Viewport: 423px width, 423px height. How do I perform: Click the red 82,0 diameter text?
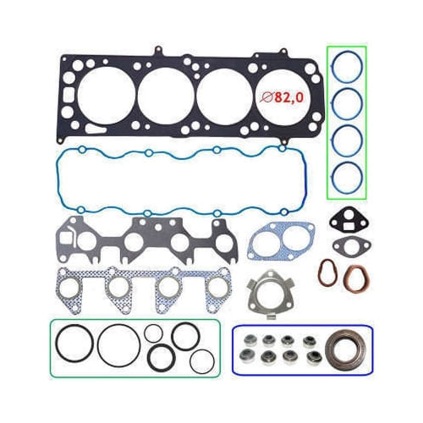click(x=283, y=97)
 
